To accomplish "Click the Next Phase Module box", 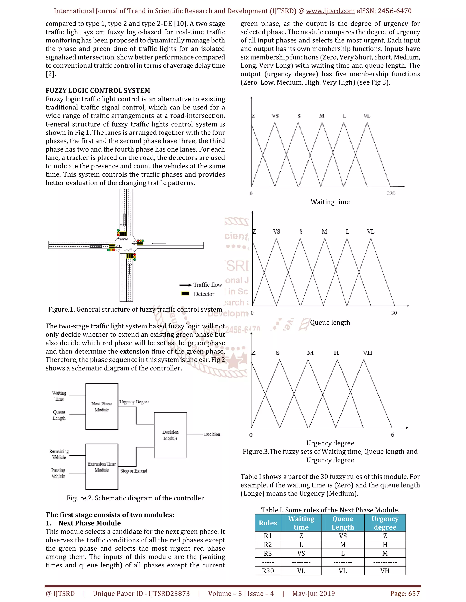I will click(x=101, y=407).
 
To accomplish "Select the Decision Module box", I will click(x=170, y=435).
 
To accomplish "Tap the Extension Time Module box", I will click(x=101, y=467).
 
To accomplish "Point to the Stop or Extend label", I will click(x=134, y=471).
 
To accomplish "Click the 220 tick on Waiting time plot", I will click(x=391, y=193).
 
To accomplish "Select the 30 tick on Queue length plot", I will click(x=394, y=313).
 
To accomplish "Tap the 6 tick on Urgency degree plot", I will click(x=393, y=435).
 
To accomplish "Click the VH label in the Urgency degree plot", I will click(x=367, y=353).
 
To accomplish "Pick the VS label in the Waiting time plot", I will click(x=275, y=116).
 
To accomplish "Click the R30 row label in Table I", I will click(x=268, y=571).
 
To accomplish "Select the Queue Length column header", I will click(x=343, y=523).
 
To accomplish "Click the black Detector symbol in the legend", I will click(x=185, y=294).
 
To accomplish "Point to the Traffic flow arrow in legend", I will click(x=185, y=285).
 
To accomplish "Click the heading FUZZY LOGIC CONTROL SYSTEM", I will click(x=98, y=90).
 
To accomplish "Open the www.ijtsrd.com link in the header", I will click(x=330, y=11).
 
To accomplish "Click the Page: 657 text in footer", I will click(x=405, y=593).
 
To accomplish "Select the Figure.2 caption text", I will click(x=135, y=498).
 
